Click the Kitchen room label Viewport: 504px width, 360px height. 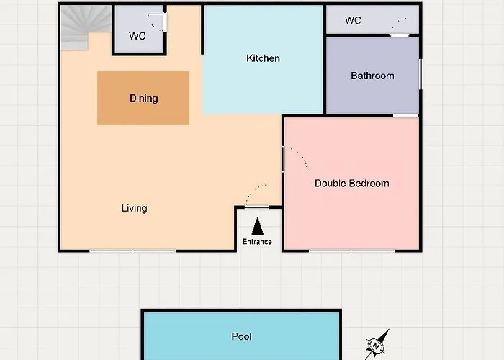point(263,58)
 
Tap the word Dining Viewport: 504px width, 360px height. point(144,99)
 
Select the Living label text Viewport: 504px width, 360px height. point(134,208)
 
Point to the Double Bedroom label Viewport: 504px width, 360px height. point(351,184)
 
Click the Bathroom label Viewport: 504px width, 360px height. point(372,76)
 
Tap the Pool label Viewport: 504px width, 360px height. point(241,336)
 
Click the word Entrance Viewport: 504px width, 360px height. point(257,242)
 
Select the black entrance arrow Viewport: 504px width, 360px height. point(258,226)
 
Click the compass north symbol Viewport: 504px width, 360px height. point(377,345)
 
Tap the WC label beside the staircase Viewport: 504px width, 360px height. point(138,36)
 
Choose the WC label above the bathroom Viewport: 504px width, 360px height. point(353,21)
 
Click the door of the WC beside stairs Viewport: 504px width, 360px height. point(164,22)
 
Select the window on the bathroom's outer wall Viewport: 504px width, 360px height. point(420,74)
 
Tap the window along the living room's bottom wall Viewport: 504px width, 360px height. point(132,251)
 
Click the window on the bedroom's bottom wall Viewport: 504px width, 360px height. point(352,251)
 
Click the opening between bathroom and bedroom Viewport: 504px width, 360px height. point(405,116)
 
